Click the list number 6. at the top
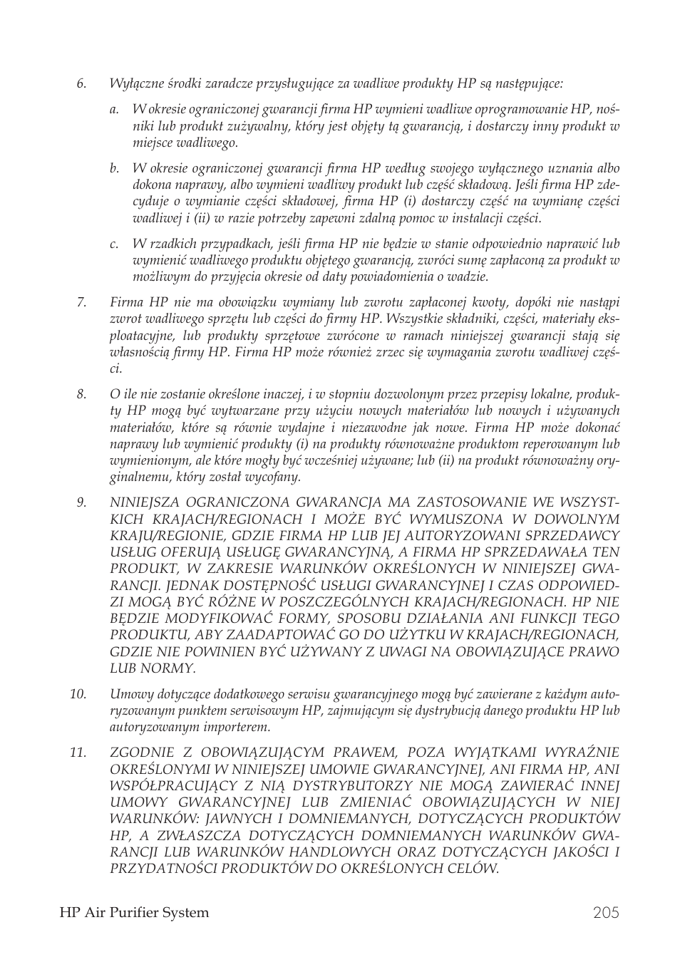point(81,83)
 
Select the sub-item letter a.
point(113,110)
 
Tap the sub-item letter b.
point(113,169)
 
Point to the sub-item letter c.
point(113,244)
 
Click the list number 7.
point(81,302)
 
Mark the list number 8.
point(81,394)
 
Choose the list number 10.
point(78,694)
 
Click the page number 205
point(605,913)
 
